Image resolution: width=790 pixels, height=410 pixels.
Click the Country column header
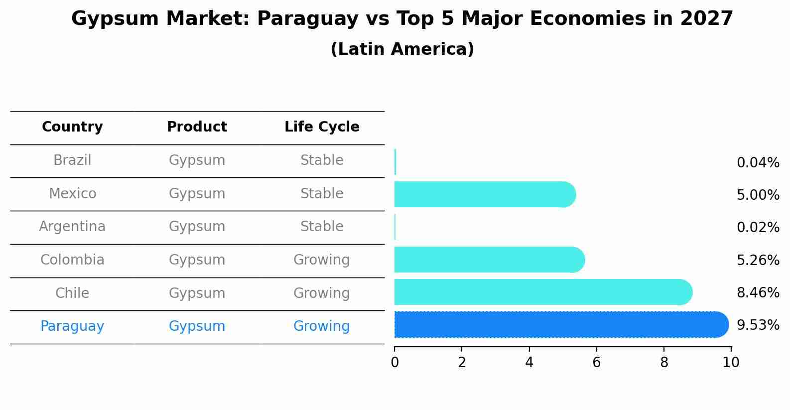[72, 127]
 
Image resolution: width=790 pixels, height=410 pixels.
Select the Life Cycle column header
[322, 127]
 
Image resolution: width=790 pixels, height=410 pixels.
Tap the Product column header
[197, 127]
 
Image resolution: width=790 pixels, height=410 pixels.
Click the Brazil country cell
[72, 160]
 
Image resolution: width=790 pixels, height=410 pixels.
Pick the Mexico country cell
[72, 193]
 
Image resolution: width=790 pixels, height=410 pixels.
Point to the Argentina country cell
[72, 227]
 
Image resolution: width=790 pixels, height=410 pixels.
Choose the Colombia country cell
[72, 260]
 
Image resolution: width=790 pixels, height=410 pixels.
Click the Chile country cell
[72, 293]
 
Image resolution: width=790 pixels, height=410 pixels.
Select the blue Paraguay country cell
[72, 326]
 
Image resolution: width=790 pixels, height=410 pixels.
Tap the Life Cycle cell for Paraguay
[322, 326]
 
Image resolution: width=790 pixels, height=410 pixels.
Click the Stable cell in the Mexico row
[322, 193]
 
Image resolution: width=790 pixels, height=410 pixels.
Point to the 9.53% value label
[758, 325]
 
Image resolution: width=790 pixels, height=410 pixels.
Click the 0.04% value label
[758, 163]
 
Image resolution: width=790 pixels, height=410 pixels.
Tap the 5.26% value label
[758, 261]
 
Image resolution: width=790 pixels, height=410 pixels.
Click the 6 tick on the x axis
[596, 363]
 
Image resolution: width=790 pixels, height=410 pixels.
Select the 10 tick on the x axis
[731, 363]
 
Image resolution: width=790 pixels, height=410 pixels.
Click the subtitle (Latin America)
[402, 49]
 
